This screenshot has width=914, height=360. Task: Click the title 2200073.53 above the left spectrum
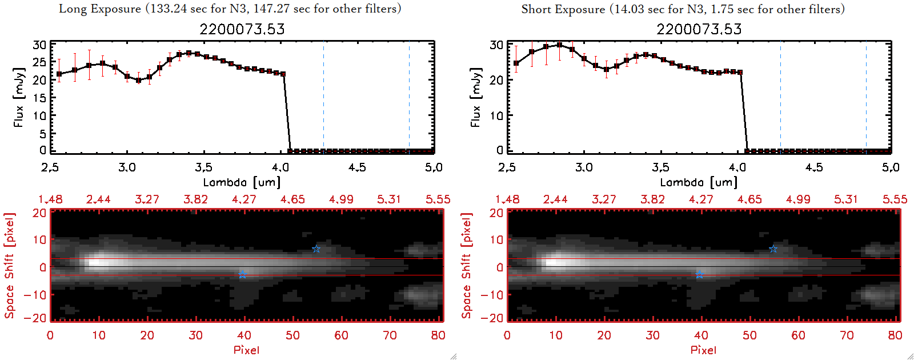click(242, 29)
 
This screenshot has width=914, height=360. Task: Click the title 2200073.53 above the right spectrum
click(699, 29)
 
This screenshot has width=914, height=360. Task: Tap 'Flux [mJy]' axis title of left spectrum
click(19, 97)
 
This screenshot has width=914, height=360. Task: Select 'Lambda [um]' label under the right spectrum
click(699, 182)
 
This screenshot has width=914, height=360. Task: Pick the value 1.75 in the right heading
click(722, 9)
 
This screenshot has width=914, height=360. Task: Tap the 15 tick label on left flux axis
click(39, 98)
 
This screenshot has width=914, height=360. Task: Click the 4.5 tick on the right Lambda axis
click(814, 167)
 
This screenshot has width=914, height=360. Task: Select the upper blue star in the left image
click(316, 249)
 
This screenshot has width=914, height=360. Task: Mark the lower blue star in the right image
click(699, 275)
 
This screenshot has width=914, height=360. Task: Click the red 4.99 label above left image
click(341, 199)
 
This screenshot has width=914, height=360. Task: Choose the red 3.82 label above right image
click(652, 199)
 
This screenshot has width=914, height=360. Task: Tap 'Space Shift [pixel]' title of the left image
click(9, 266)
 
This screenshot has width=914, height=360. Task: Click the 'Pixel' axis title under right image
click(703, 350)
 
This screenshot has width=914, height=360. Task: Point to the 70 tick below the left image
click(390, 335)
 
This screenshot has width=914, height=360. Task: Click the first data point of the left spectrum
click(59, 74)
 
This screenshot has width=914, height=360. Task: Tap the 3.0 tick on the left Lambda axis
click(127, 167)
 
